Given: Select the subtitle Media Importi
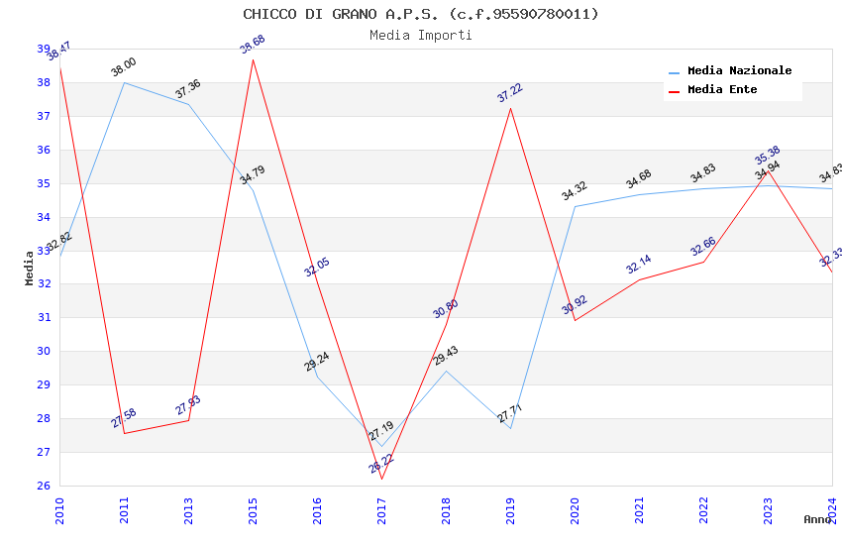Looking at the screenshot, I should click(421, 36).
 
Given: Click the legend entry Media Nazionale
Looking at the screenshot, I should click(739, 71).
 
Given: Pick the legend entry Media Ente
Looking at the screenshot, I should click(721, 90).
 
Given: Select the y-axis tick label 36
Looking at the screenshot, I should click(44, 151).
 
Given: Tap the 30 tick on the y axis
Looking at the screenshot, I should click(44, 352).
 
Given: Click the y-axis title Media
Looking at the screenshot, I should click(30, 268).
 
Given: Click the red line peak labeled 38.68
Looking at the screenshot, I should click(254, 59).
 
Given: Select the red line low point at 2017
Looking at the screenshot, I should click(382, 479).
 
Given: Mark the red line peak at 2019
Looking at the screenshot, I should click(511, 108).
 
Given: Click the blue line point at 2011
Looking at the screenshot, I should click(125, 82).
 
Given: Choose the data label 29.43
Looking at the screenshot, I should click(446, 356).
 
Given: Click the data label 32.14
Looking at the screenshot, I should click(639, 265).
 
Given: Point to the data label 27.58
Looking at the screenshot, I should click(124, 418).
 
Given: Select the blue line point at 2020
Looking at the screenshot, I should click(576, 206).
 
